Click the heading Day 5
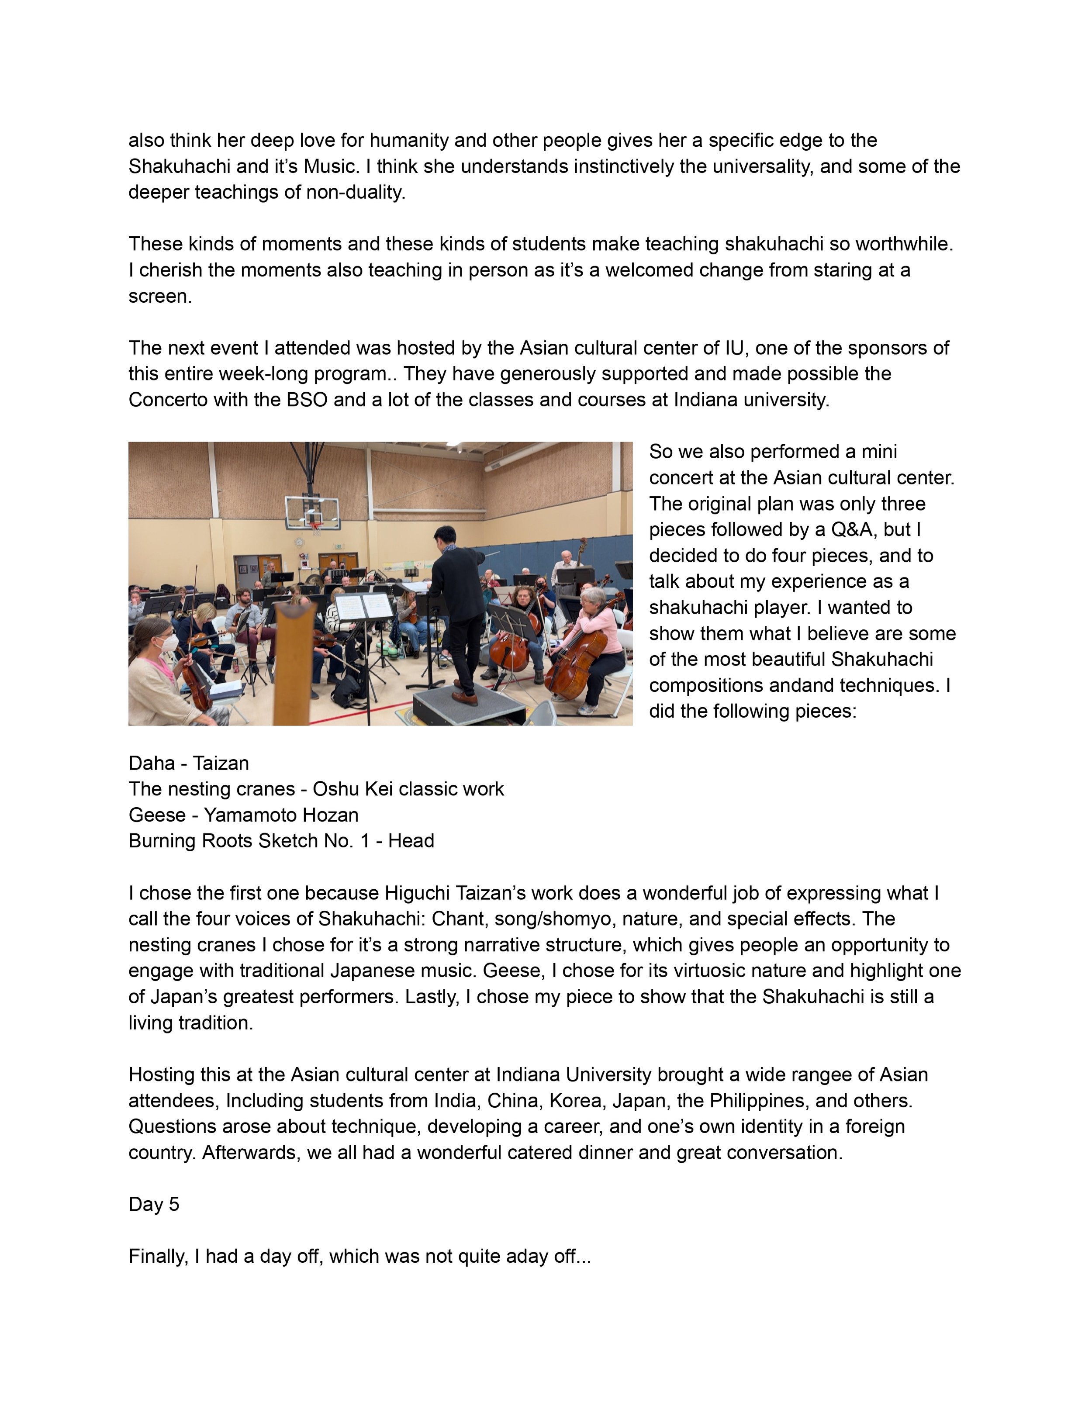coord(154,1204)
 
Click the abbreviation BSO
coord(307,401)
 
